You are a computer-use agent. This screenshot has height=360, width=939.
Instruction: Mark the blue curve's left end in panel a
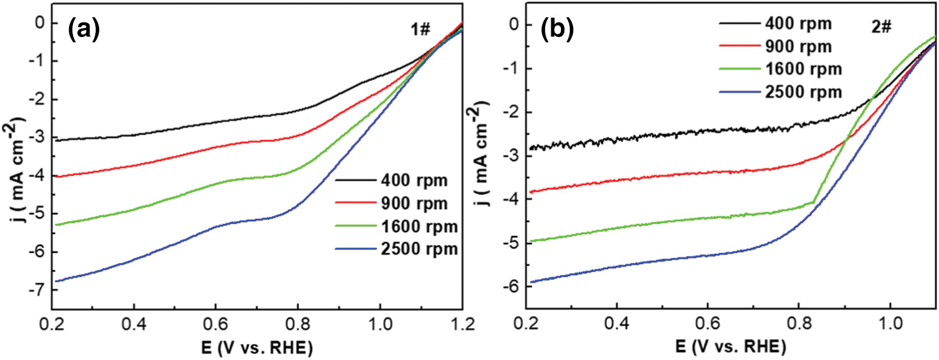[56, 281]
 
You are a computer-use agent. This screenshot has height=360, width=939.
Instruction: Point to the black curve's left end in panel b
[531, 148]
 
